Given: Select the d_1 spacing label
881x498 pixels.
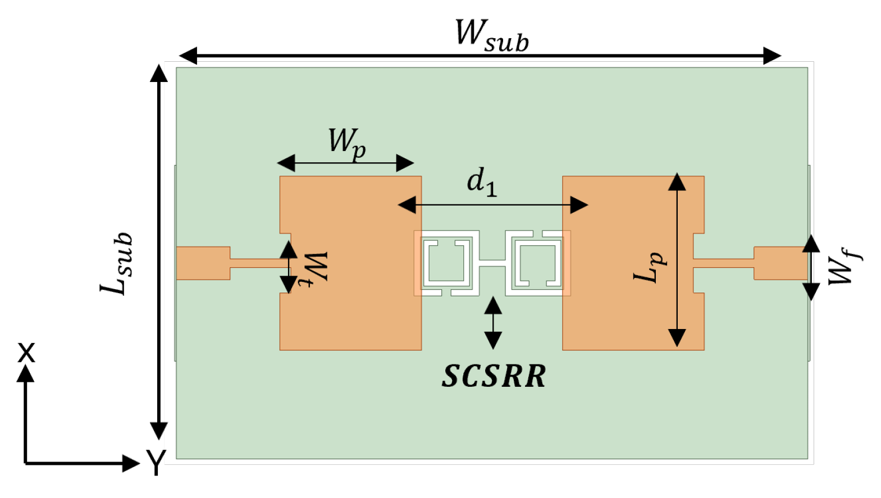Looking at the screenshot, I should click(482, 182).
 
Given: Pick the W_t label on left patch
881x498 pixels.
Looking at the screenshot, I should click(314, 268).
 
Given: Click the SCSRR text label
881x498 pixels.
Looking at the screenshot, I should click(494, 376).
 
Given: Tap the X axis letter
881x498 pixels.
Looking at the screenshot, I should click(26, 353).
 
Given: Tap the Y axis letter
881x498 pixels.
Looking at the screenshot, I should click(156, 462).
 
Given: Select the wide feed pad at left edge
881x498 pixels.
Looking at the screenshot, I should click(203, 263).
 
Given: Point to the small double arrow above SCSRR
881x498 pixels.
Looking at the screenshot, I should click(493, 323).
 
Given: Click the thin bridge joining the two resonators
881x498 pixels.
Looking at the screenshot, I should click(492, 263).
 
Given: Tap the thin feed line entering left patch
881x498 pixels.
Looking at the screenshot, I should click(255, 263).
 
